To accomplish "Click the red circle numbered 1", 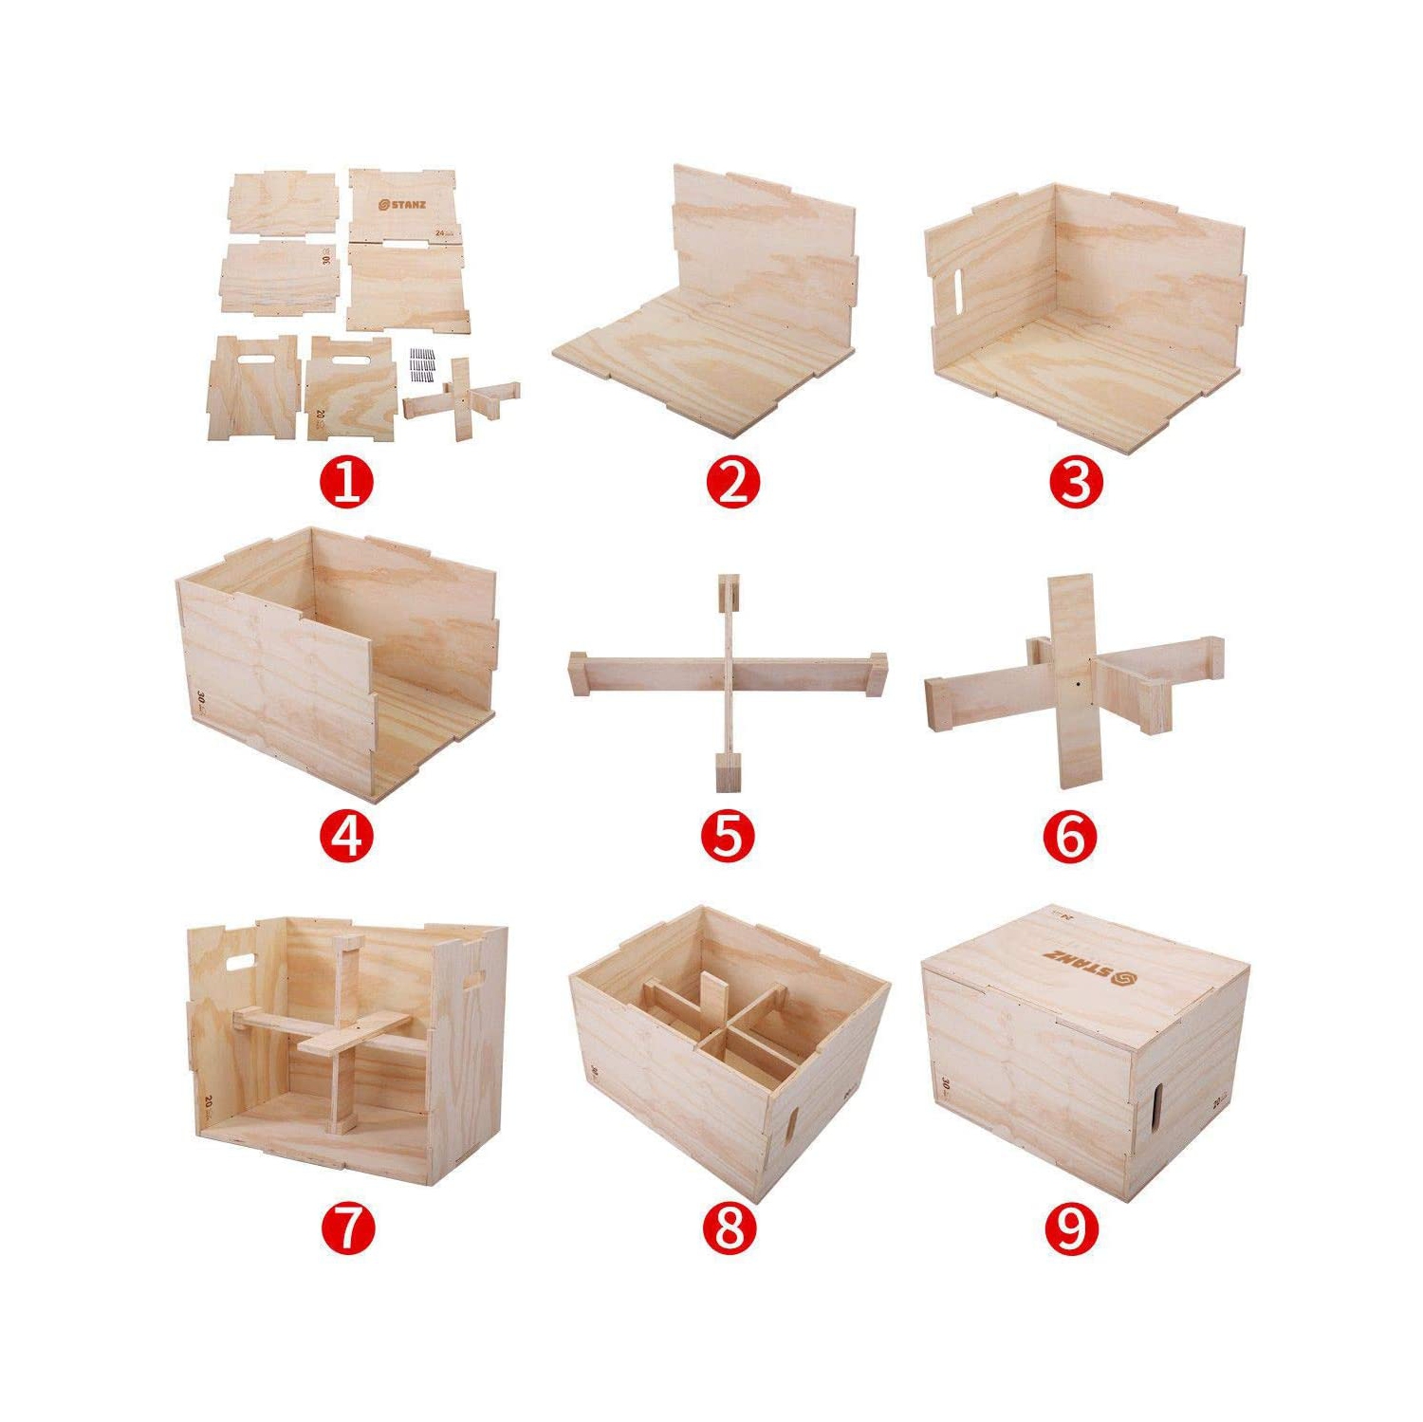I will pyautogui.click(x=347, y=483).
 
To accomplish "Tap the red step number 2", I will pyautogui.click(x=732, y=483).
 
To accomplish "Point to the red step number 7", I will pyautogui.click(x=347, y=1228).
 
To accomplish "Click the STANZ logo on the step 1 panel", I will pyautogui.click(x=401, y=204).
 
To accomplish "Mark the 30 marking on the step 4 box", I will pyautogui.click(x=201, y=701).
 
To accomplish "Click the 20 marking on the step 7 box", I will pyautogui.click(x=209, y=1103).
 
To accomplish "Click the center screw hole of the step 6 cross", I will pyautogui.click(x=1079, y=681).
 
